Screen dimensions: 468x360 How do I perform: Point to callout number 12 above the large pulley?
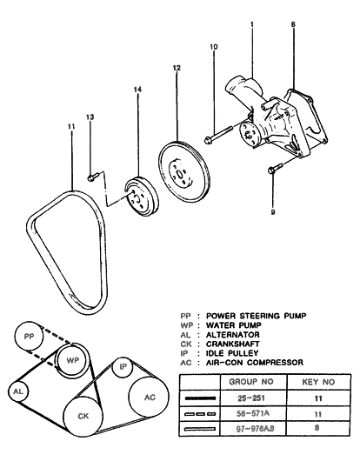176,67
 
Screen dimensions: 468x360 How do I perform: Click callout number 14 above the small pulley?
137,90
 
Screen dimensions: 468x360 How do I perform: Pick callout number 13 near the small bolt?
90,117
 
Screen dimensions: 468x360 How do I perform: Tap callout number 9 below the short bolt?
272,211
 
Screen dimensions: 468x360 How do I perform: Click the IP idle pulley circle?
124,367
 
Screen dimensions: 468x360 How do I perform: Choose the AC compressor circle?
150,398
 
